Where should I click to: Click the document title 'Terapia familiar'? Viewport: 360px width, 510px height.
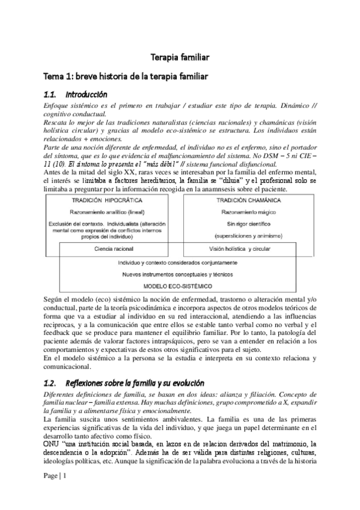179,58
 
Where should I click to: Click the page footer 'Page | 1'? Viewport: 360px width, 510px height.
55,476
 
